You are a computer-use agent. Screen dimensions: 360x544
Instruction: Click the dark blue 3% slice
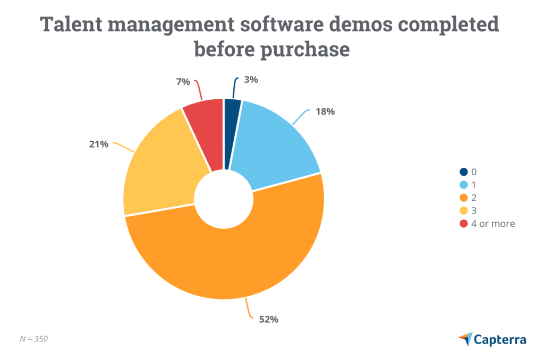(232, 133)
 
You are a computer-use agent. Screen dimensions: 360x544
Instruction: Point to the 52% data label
(268, 319)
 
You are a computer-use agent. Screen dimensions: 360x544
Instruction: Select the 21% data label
(99, 144)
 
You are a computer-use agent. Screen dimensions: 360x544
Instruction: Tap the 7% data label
(183, 82)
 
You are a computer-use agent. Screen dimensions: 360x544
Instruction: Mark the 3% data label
(251, 80)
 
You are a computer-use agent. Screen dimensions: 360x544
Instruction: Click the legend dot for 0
(464, 172)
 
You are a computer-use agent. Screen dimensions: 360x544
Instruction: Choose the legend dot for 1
(464, 184)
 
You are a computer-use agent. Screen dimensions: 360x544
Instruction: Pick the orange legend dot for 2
(464, 198)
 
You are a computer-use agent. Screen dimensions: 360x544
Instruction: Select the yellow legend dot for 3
(464, 210)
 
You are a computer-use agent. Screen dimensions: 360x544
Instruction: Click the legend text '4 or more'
(495, 224)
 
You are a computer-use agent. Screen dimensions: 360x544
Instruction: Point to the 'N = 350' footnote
(33, 338)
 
